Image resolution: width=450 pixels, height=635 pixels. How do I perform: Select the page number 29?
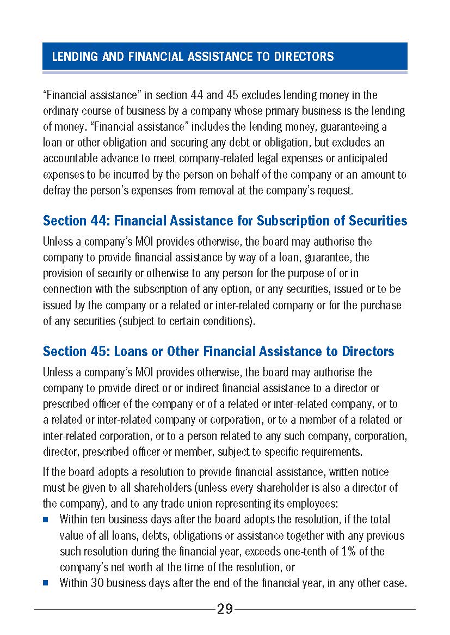225,609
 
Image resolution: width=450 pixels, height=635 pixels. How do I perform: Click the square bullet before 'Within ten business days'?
46,520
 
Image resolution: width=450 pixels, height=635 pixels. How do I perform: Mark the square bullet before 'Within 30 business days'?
46,583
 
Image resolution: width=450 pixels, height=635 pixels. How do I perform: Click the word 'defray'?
55,191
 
